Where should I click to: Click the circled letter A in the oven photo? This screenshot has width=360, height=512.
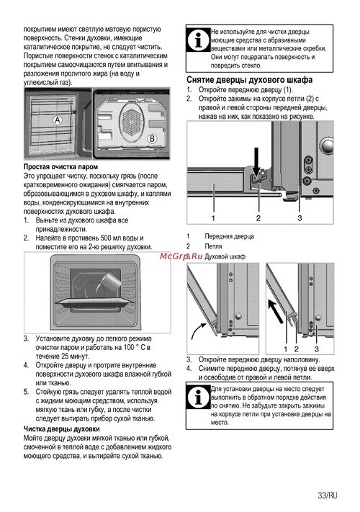58,120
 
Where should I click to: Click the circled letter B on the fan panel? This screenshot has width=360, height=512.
152,138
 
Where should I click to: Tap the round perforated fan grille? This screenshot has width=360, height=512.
131,122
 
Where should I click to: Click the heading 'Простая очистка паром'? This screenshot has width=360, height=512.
60,167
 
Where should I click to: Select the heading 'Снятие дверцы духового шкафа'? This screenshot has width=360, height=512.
250,80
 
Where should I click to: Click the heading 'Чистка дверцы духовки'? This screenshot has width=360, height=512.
62,428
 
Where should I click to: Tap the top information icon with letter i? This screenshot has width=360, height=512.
199,39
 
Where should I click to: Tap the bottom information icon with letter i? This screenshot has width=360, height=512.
199,397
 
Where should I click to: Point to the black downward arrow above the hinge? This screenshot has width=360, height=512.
256,162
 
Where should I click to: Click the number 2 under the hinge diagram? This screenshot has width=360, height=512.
258,217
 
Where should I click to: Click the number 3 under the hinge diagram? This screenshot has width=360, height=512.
300,217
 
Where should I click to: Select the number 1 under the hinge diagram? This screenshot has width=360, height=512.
213,217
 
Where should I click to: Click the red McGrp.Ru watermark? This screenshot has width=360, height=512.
181,256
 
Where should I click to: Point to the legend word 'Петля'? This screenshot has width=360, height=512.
213,246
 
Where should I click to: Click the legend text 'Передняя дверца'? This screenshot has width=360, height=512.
230,236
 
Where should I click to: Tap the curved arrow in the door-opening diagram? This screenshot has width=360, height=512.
197,330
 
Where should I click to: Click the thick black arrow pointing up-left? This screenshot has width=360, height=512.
275,311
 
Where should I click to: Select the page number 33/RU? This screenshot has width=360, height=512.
328,495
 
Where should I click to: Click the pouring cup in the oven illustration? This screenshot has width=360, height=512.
110,281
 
